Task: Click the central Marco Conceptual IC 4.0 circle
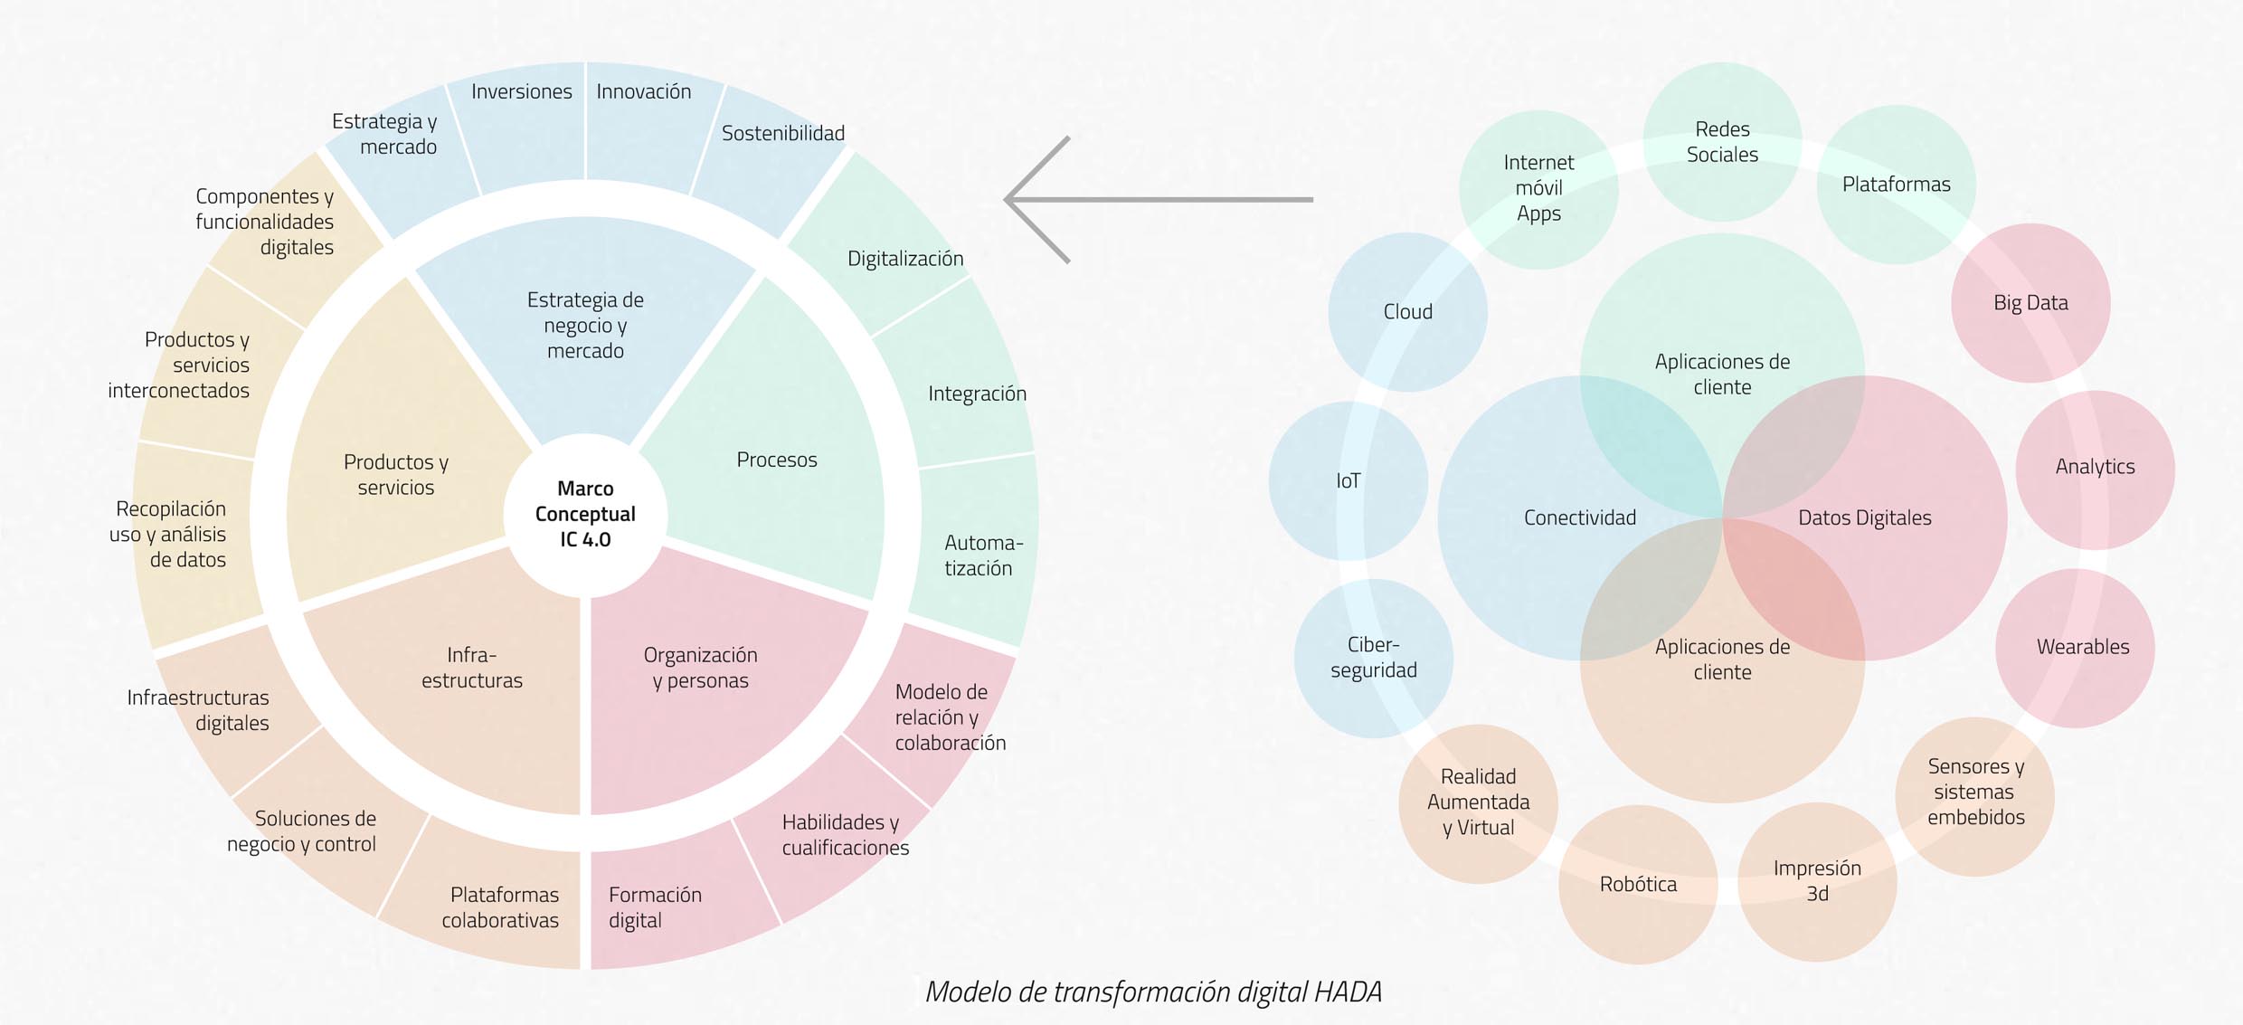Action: point(585,514)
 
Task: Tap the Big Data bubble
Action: point(2030,303)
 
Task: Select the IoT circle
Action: point(1348,481)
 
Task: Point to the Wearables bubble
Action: point(2082,647)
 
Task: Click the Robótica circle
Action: point(1638,884)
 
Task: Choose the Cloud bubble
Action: point(1407,312)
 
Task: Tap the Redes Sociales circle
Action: point(1722,142)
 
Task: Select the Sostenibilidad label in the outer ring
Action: point(783,134)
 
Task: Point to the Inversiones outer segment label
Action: point(521,91)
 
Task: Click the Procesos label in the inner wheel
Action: point(776,460)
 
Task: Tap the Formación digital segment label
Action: point(655,906)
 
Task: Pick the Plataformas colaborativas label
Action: point(501,906)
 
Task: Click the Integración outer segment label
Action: point(977,394)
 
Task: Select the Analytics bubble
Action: point(2095,467)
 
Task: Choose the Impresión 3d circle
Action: point(1817,881)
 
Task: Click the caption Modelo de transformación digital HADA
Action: point(1153,992)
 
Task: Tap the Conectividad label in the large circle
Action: point(1579,517)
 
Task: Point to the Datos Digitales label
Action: point(1864,517)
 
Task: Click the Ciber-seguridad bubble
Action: point(1373,658)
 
